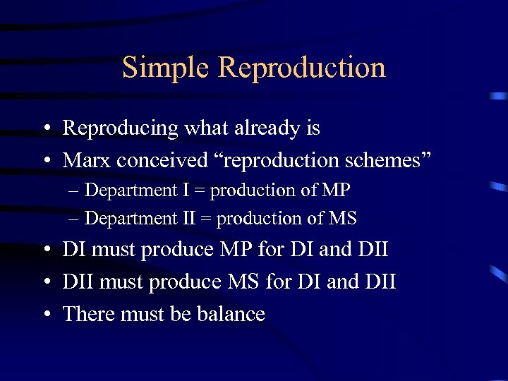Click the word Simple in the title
coord(166,68)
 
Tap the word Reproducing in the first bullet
coord(121,128)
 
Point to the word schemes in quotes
coord(386,160)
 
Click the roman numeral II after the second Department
coord(188,219)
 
